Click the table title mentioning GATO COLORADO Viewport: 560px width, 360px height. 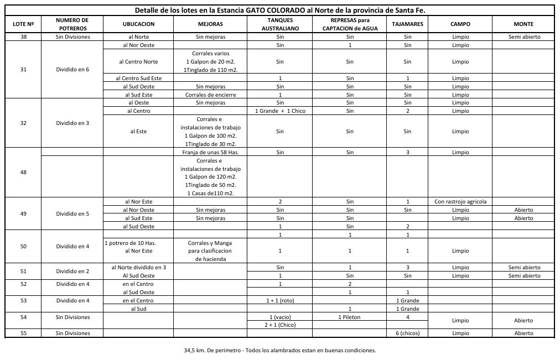point(280,11)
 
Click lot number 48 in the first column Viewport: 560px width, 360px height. point(23,172)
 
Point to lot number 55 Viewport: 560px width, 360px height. point(23,333)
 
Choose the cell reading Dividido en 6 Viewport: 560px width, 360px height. point(72,70)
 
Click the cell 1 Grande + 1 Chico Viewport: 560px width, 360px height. point(280,111)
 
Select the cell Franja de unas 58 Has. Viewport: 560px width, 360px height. point(210,152)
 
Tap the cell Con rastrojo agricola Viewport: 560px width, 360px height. point(461,202)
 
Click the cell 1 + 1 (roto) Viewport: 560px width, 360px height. point(280,300)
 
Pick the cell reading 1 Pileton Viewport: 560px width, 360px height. point(350,317)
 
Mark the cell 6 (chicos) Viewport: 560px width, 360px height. point(408,333)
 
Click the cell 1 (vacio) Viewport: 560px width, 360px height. point(280,317)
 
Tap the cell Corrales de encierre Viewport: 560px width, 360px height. point(210,95)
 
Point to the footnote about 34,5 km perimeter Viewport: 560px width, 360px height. point(280,350)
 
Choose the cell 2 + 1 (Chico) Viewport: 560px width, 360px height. point(280,325)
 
